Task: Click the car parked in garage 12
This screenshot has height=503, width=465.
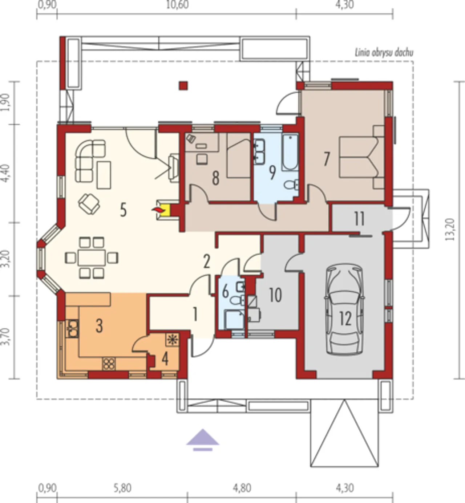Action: coord(345,309)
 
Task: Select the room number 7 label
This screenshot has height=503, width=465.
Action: coord(327,159)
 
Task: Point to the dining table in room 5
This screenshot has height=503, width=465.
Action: coord(92,257)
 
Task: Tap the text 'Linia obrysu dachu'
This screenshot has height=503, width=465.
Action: coord(384,53)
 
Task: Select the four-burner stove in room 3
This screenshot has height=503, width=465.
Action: coord(109,364)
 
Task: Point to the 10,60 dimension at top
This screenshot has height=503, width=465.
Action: coord(177,5)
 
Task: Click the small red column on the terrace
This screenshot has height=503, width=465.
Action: coord(183,86)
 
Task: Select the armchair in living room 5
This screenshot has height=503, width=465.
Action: coord(89,204)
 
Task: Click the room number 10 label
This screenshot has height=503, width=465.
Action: coord(275,295)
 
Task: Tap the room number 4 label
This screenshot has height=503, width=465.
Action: coord(165,359)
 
